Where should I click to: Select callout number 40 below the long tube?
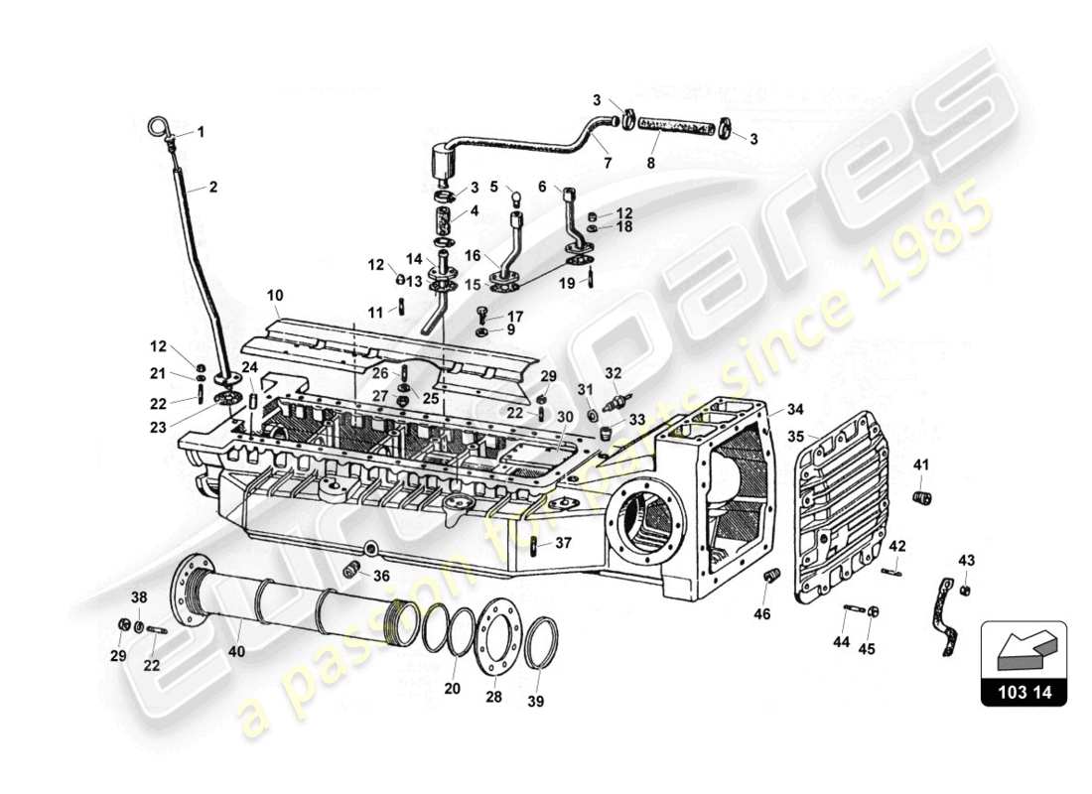point(235,652)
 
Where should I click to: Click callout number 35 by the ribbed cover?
point(797,435)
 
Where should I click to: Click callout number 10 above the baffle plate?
point(275,295)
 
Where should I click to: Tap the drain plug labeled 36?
point(349,570)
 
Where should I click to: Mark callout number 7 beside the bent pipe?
point(608,161)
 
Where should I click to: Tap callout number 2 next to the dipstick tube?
point(211,185)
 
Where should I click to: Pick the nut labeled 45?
point(871,611)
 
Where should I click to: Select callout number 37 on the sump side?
point(563,542)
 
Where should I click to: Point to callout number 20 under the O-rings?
point(452,689)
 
